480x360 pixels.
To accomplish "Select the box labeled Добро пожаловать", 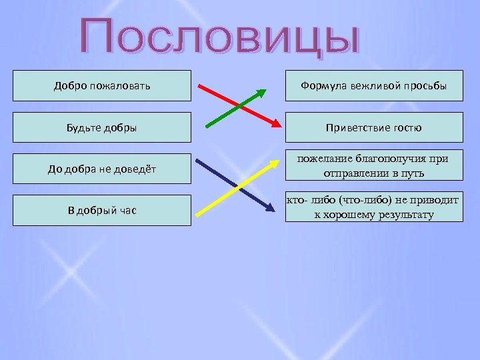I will point(101,86).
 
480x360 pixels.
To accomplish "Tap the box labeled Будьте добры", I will point(101,127).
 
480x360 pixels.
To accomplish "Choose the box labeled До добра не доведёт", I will point(101,169).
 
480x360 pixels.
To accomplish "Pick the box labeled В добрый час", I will point(101,210).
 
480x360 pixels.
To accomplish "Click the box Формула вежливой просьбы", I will point(374,86).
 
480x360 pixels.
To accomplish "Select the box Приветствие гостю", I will point(374,127).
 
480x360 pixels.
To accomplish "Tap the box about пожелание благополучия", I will point(374,165).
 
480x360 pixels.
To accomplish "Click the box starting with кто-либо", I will point(374,207).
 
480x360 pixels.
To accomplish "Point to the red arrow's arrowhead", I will point(276,124).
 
